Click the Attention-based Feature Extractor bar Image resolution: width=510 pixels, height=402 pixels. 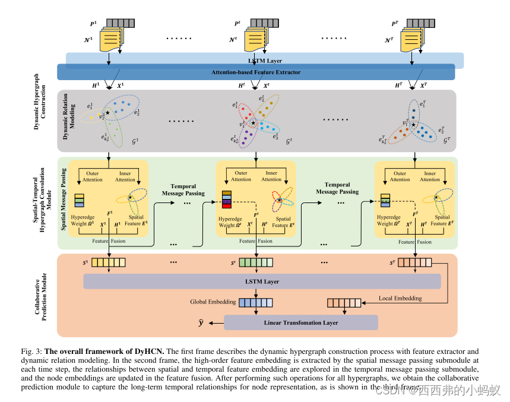point(256,72)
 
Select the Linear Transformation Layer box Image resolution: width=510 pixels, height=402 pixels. point(300,322)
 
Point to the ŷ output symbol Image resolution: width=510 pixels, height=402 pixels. point(201,322)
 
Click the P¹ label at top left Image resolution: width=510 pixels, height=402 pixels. point(93,24)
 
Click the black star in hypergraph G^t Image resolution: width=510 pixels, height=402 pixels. point(254,123)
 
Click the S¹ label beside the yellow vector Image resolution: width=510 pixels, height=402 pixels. point(86,262)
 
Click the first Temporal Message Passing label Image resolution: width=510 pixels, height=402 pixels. point(183,189)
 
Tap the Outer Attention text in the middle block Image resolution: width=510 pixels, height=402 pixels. point(241,176)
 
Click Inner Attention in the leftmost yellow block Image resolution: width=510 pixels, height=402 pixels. point(125,176)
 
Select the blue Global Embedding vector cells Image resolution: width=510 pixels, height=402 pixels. point(256,303)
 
